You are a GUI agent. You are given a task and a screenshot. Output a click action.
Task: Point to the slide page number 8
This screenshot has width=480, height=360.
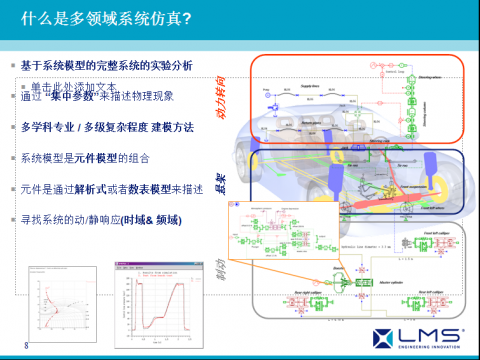pyautogui.click(x=27, y=346)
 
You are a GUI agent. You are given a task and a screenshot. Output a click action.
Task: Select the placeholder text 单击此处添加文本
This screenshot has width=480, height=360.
pyautogui.click(x=74, y=87)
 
